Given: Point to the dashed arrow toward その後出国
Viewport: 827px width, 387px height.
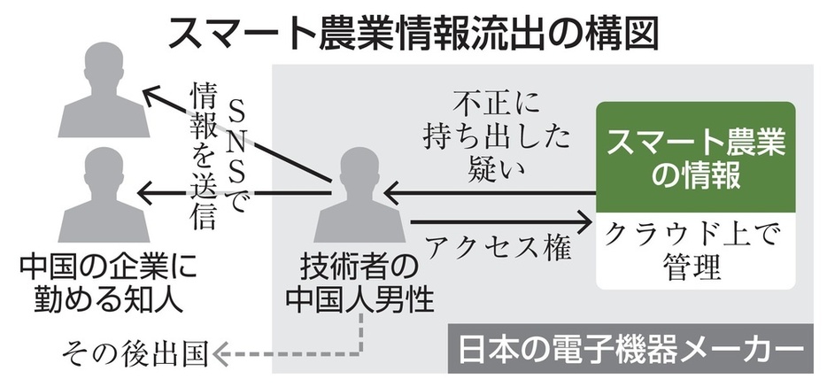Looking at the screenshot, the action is tap(292, 353).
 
